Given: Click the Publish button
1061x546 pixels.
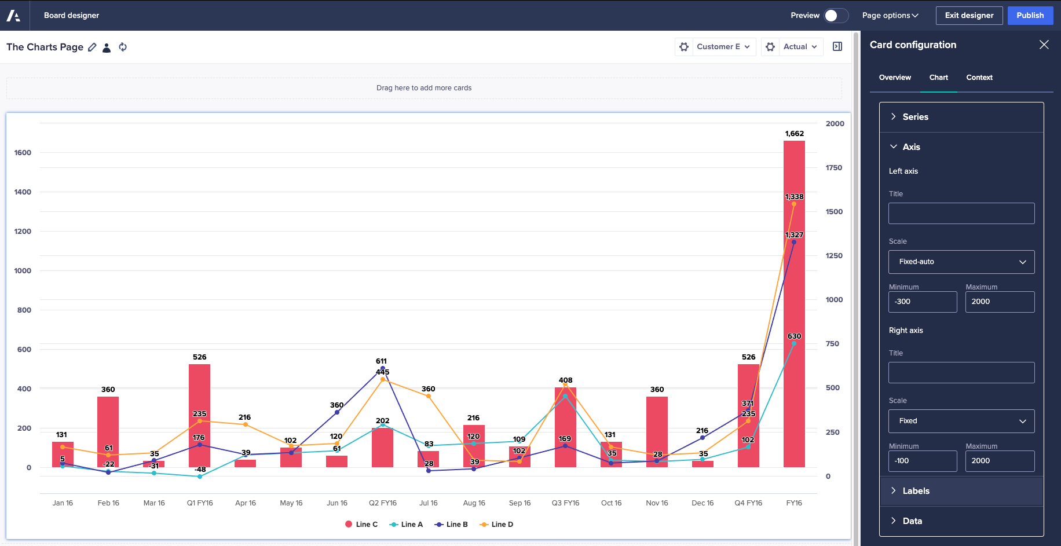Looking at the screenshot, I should (x=1030, y=16).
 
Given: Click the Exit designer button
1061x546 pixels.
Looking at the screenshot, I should (x=969, y=16).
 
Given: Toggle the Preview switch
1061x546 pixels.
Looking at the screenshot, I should (x=836, y=16).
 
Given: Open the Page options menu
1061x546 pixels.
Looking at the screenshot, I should (x=890, y=16).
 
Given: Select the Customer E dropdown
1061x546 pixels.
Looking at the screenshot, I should (x=723, y=47).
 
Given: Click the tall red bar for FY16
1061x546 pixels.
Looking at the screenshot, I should (x=794, y=301).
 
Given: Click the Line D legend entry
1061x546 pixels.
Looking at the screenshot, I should (x=497, y=525).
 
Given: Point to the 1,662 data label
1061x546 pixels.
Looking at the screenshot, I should (x=794, y=134).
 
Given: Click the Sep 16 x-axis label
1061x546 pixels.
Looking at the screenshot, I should (x=519, y=503).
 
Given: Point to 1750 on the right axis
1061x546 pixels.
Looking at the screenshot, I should (x=834, y=168).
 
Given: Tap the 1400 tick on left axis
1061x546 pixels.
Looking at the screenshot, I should (x=23, y=192).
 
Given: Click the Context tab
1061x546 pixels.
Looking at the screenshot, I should (x=979, y=78).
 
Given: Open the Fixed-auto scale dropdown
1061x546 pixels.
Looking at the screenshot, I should (x=961, y=262).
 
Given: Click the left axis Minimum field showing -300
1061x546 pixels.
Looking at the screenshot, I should (x=922, y=302).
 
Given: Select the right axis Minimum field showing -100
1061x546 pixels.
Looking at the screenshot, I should (x=922, y=461).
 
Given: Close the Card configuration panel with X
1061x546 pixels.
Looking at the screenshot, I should (x=1044, y=45).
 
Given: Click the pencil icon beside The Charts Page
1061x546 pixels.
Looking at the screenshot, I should (x=92, y=47).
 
